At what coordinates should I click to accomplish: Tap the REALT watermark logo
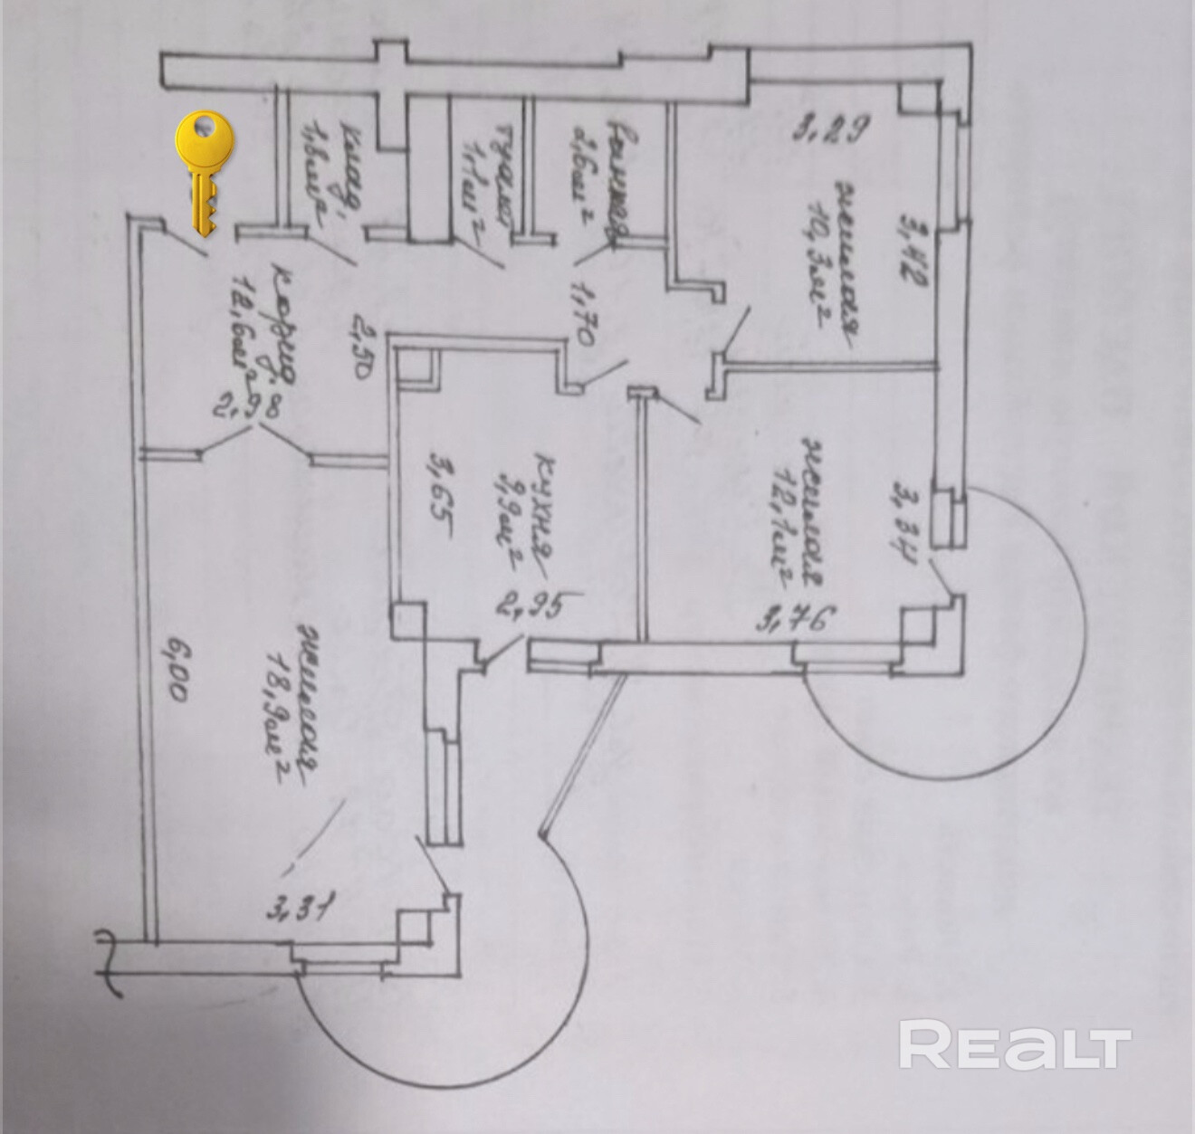click(1015, 1046)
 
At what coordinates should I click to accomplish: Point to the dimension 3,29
click(832, 131)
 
